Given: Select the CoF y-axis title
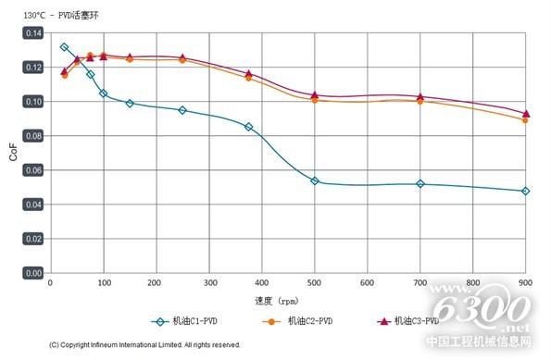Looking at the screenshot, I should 12,153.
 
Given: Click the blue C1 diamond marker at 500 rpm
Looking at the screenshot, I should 315,181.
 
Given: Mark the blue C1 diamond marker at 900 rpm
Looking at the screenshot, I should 526,192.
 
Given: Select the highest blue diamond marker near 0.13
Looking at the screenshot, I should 64,47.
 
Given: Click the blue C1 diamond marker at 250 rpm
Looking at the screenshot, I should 182,110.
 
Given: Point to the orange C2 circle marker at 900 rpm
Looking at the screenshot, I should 526,120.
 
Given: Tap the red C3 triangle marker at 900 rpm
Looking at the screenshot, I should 526,113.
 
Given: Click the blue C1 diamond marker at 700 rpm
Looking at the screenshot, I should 420,184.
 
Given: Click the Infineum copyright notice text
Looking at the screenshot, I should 144,344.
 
